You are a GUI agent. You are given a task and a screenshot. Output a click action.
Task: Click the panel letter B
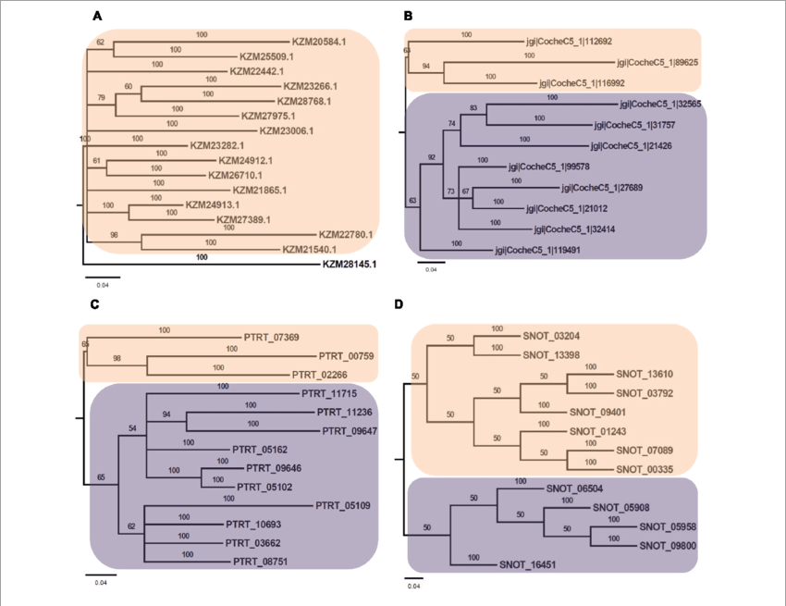pyautogui.click(x=408, y=17)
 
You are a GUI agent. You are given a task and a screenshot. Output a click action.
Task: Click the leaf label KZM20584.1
pyautogui.click(x=319, y=42)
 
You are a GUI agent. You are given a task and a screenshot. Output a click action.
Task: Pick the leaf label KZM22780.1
pyautogui.click(x=346, y=235)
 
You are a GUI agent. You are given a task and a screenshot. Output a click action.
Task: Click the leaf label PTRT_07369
pyautogui.click(x=270, y=337)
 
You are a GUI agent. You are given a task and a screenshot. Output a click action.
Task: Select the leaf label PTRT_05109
pyautogui.click(x=343, y=506)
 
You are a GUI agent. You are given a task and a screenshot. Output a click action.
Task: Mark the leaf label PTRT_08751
pyautogui.click(x=261, y=561)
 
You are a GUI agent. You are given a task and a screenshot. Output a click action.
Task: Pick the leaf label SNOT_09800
pyautogui.click(x=669, y=545)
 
